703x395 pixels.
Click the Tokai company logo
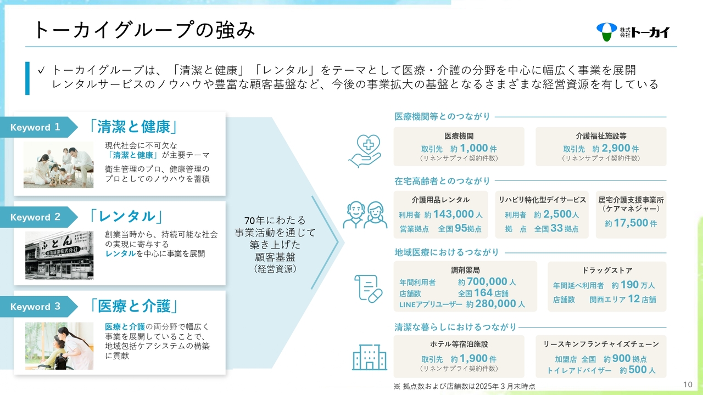pyautogui.click(x=633, y=32)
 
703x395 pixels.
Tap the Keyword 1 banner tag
pyautogui.click(x=38, y=127)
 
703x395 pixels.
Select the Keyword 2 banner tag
pyautogui.click(x=38, y=217)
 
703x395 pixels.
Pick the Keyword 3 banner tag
pyautogui.click(x=38, y=307)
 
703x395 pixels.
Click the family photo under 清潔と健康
pyautogui.click(x=58, y=165)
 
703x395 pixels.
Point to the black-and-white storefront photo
pyautogui.click(x=59, y=255)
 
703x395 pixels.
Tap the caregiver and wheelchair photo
pyautogui.click(x=59, y=346)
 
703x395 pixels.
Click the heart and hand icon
pyautogui.click(x=365, y=151)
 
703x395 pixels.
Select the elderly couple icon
pyautogui.click(x=365, y=215)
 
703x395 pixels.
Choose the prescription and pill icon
pyautogui.click(x=369, y=289)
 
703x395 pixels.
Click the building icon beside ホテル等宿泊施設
pyautogui.click(x=370, y=357)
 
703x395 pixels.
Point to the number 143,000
pyautogui.click(x=454, y=214)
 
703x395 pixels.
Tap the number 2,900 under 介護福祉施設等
pyautogui.click(x=616, y=148)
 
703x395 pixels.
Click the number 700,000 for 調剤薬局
pyautogui.click(x=487, y=281)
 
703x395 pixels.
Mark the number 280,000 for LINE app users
pyautogui.click(x=495, y=304)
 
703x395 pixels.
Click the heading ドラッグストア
pyautogui.click(x=607, y=270)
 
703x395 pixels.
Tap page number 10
pyautogui.click(x=688, y=385)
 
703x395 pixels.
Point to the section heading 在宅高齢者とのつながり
pyautogui.click(x=442, y=181)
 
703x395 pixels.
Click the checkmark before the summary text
pyautogui.click(x=41, y=70)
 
